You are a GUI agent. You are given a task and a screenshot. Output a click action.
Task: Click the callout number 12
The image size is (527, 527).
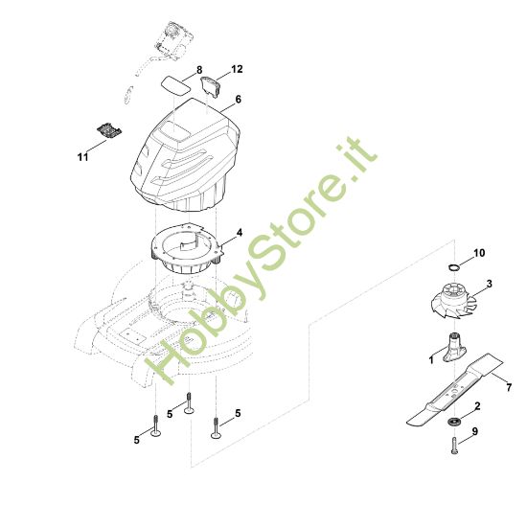(x=237, y=69)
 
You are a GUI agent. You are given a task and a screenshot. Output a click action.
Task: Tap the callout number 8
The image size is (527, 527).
(x=199, y=70)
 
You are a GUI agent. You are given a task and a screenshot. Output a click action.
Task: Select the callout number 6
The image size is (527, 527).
(x=239, y=100)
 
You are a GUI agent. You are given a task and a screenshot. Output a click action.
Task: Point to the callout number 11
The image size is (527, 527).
(x=82, y=157)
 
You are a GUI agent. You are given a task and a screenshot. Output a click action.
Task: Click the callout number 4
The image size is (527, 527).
(x=240, y=233)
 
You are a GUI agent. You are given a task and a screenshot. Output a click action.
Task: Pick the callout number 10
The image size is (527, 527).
(x=479, y=253)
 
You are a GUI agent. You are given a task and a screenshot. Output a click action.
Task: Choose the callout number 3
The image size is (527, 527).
(x=490, y=284)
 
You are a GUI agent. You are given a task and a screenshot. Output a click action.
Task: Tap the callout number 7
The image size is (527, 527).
(x=509, y=387)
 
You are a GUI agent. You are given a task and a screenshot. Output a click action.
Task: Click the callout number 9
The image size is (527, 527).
(x=475, y=431)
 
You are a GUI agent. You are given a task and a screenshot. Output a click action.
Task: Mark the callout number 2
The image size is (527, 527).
(x=477, y=406)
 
